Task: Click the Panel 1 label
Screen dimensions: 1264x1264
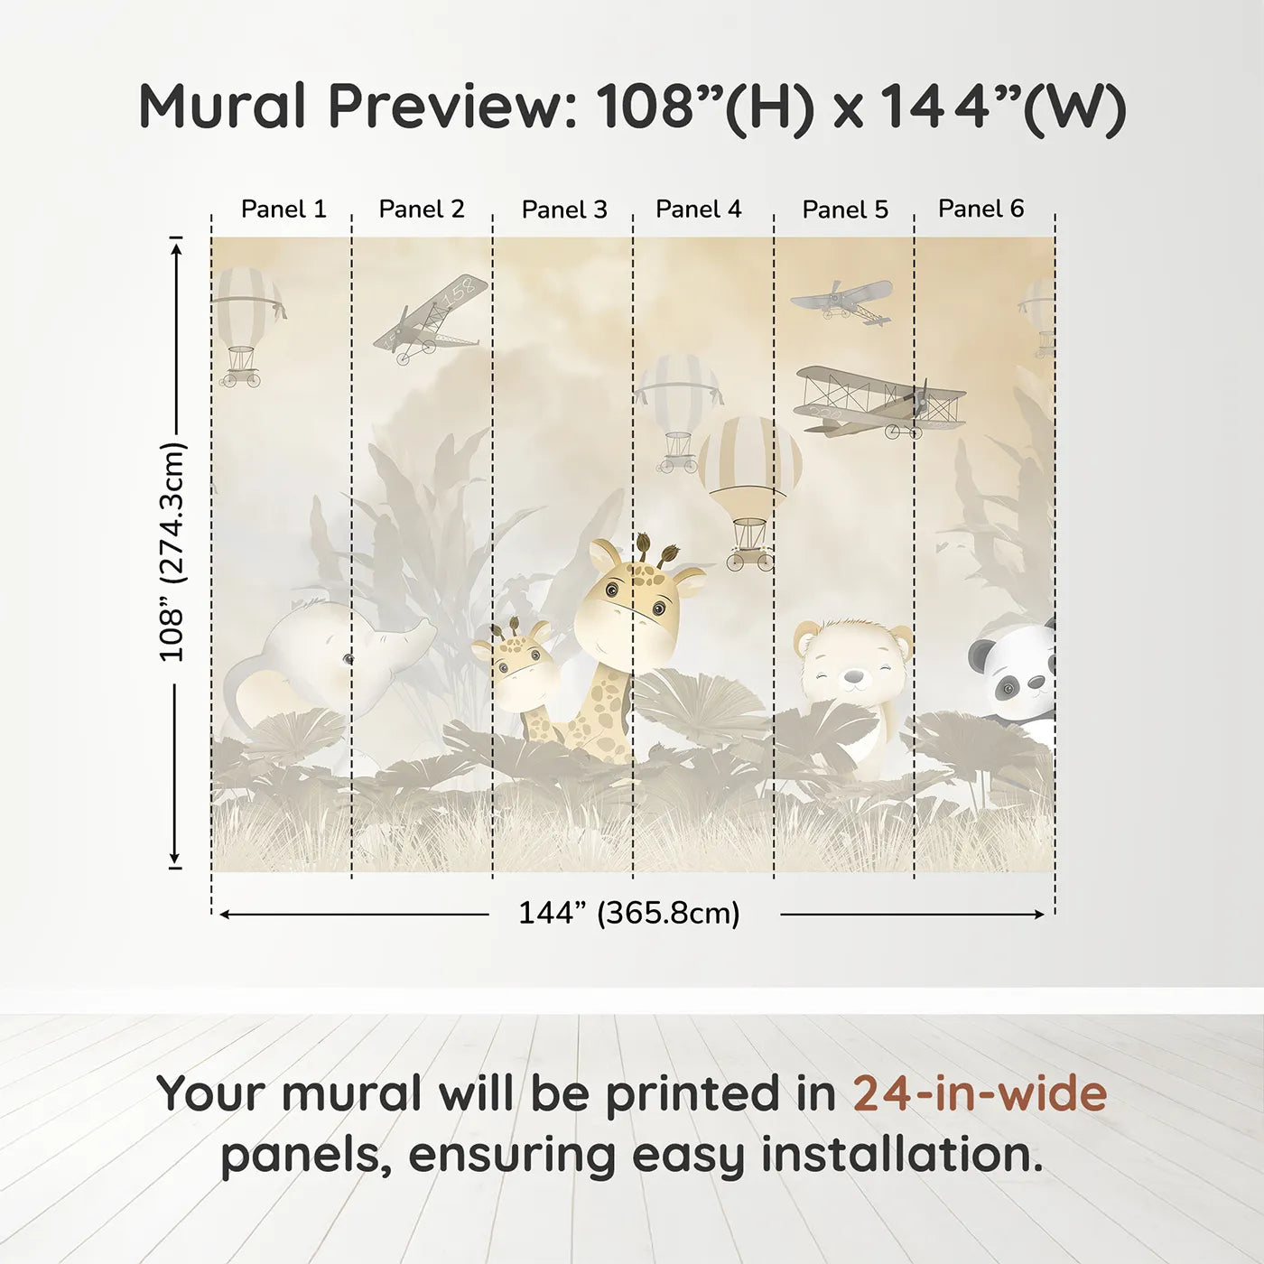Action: pos(283,209)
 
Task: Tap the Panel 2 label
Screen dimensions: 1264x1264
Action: pos(422,209)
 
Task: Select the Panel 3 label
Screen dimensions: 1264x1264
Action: pos(564,209)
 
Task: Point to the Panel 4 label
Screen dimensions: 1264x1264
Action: pos(699,209)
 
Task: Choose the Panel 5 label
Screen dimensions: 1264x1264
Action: pos(845,209)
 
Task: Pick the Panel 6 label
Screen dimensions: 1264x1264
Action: pos(981,209)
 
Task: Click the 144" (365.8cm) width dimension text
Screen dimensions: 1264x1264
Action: pos(628,914)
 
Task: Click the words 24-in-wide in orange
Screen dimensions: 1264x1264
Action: pos(980,1093)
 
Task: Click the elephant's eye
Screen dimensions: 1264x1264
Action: pos(348,660)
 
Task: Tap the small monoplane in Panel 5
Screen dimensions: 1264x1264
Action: pos(843,300)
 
